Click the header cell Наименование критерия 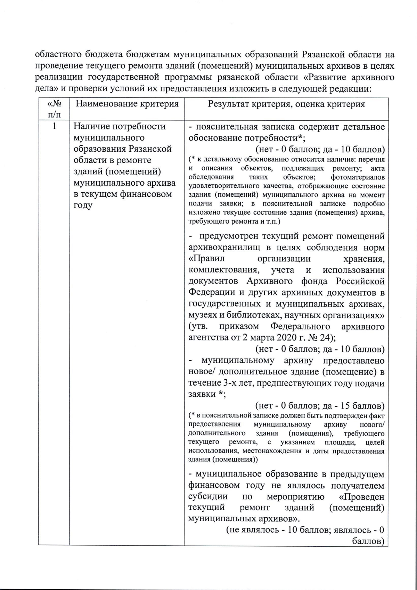[x=127, y=104]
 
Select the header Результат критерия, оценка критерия [x=286, y=104]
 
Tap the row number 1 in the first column [x=54, y=126]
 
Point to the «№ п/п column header [x=54, y=109]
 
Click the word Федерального [x=300, y=327]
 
